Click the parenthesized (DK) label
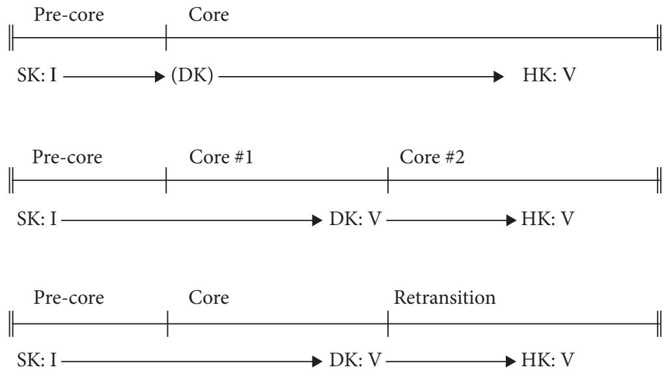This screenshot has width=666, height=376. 192,75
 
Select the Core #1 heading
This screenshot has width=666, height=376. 221,157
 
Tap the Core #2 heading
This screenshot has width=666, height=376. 432,157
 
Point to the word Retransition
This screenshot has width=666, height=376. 445,297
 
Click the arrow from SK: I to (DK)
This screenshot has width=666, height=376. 114,77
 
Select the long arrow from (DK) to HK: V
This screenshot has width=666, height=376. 361,77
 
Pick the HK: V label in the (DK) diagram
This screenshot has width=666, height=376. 549,75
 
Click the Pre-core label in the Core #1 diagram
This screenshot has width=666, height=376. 67,157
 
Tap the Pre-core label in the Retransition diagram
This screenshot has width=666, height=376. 69,297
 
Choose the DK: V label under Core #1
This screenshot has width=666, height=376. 355,219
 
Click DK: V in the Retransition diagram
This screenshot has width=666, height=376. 355,360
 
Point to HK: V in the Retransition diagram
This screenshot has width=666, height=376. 548,360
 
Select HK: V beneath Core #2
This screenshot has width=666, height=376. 548,219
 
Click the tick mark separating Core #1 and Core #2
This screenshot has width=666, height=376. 388,180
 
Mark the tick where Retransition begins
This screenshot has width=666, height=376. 388,323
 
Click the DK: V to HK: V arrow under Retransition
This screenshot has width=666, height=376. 451,362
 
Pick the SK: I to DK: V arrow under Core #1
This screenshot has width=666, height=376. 191,221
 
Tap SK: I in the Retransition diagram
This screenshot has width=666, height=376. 37,360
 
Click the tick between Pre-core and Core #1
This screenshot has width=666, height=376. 166,180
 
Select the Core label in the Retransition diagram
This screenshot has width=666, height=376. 208,297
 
